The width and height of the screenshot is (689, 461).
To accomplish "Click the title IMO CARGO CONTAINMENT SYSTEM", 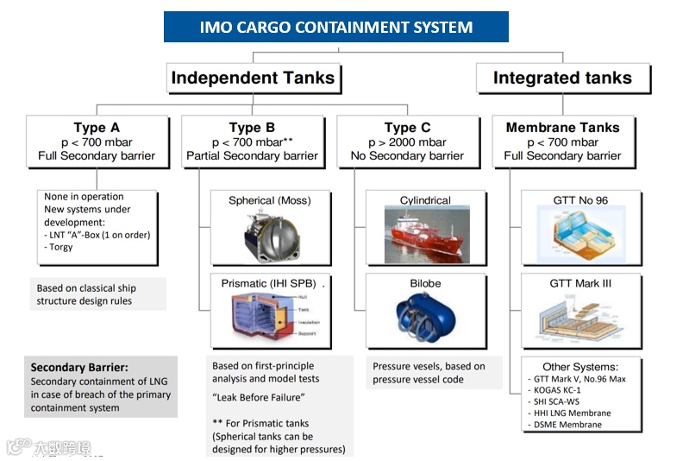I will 335,27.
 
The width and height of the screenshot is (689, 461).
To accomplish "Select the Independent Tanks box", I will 253,79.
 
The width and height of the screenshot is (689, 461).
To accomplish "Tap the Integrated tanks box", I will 562,79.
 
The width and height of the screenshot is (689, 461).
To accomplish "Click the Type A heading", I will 97,128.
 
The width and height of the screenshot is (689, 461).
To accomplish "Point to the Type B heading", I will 252,128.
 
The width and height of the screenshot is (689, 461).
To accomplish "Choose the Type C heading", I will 407,128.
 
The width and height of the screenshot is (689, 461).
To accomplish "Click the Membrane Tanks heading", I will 562,128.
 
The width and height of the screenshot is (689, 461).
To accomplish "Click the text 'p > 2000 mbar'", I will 407,142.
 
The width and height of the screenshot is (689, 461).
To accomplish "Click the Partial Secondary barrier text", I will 252,156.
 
